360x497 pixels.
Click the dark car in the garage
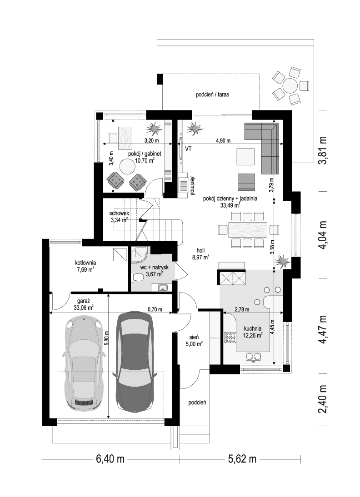[x=135, y=362]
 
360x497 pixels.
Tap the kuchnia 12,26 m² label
[x=253, y=332]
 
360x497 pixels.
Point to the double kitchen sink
[x=253, y=357]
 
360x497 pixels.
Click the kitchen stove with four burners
[x=230, y=337]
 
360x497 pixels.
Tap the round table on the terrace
[x=290, y=85]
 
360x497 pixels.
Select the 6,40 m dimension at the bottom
[x=110, y=459]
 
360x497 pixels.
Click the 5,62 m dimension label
[x=242, y=459]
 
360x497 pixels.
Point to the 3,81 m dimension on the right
[x=323, y=150]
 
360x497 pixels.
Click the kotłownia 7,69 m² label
[x=85, y=266]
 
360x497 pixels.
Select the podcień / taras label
[x=212, y=94]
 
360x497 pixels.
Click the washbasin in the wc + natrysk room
[x=163, y=288]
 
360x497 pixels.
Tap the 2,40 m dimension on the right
[x=323, y=399]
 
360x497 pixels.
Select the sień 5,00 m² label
[x=194, y=341]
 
